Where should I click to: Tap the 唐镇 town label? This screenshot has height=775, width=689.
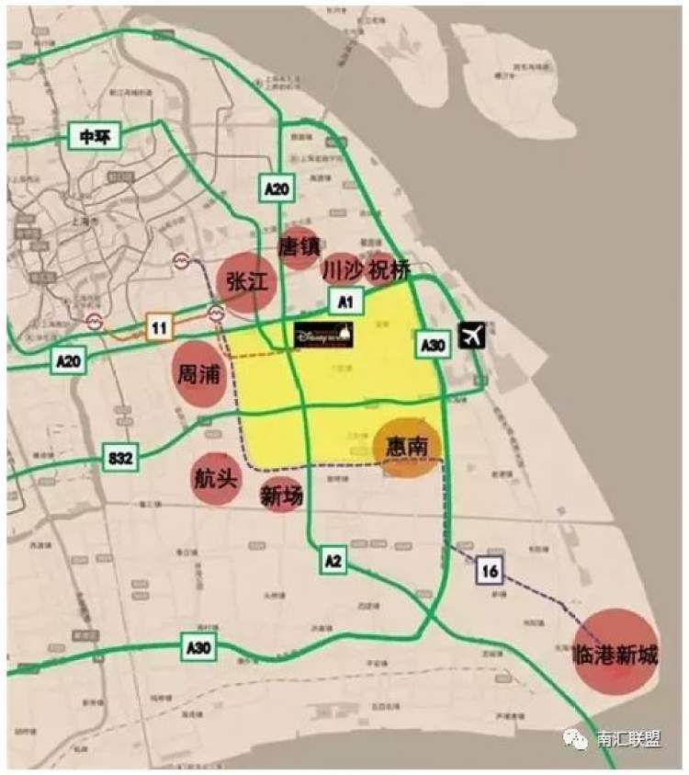[299, 246]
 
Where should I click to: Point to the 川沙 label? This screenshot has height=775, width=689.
[342, 269]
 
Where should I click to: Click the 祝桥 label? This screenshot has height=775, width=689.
[387, 268]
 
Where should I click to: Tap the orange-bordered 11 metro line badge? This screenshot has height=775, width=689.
[159, 326]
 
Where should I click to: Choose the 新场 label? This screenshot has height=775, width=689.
[281, 496]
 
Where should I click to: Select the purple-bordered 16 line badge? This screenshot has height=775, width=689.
[490, 572]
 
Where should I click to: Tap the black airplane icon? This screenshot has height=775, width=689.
[472, 336]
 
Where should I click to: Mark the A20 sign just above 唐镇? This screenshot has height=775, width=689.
[277, 188]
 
